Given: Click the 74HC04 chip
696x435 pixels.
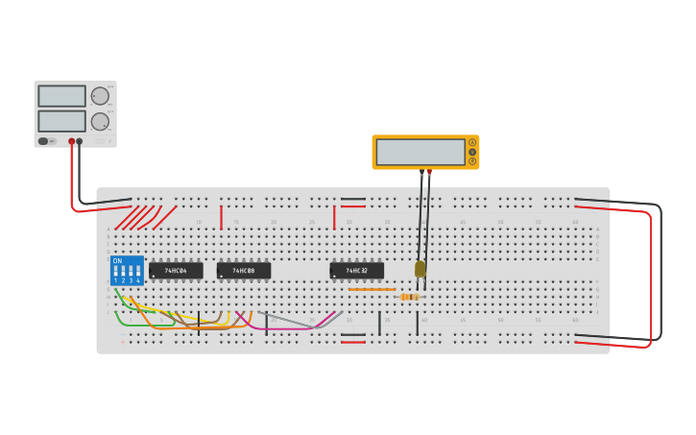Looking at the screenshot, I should [176, 271].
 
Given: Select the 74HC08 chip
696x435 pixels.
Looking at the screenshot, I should [244, 271].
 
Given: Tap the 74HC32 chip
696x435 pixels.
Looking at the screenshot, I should [357, 271].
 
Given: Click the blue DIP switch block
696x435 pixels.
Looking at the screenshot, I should [127, 270].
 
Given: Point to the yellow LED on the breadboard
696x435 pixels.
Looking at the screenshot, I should [420, 269].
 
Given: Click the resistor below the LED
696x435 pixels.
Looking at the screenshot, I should [410, 297].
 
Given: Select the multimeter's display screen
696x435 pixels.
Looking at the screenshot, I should [420, 152].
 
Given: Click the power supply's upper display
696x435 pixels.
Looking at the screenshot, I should [61, 96].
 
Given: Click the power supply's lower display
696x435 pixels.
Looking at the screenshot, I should [61, 121].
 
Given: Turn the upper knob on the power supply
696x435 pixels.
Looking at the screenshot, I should [100, 96].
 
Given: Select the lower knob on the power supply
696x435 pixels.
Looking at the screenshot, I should [100, 122].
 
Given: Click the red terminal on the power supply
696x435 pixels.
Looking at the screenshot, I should [71, 141].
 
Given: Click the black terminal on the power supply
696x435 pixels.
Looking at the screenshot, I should [80, 141].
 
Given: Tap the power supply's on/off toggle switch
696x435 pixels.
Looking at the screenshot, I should [43, 141].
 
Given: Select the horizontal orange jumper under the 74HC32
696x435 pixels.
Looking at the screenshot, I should [372, 289].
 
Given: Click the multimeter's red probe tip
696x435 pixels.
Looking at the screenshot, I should [429, 172].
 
